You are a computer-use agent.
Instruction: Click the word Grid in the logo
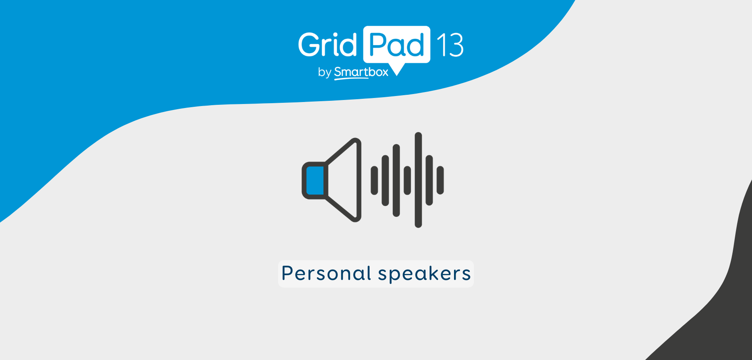pos(327,44)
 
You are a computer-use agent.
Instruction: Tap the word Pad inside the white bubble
pos(397,45)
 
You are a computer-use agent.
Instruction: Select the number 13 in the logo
pos(450,45)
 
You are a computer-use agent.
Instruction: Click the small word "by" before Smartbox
pos(324,72)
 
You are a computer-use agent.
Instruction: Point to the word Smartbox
pos(361,72)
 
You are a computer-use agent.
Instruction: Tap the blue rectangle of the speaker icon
pos(315,180)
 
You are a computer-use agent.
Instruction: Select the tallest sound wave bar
pos(418,180)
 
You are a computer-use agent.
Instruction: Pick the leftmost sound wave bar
pos(374,180)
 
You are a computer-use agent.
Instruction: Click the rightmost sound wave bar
pos(440,180)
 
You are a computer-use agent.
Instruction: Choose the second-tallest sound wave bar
pos(396,180)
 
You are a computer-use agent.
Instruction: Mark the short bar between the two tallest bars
pos(407,180)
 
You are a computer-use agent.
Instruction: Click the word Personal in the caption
pos(326,274)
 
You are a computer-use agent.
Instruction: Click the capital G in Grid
pos(309,44)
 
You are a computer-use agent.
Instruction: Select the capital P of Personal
pos(288,273)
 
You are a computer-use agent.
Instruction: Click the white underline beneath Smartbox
pos(351,78)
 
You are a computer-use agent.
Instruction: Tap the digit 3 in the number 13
pos(456,45)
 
